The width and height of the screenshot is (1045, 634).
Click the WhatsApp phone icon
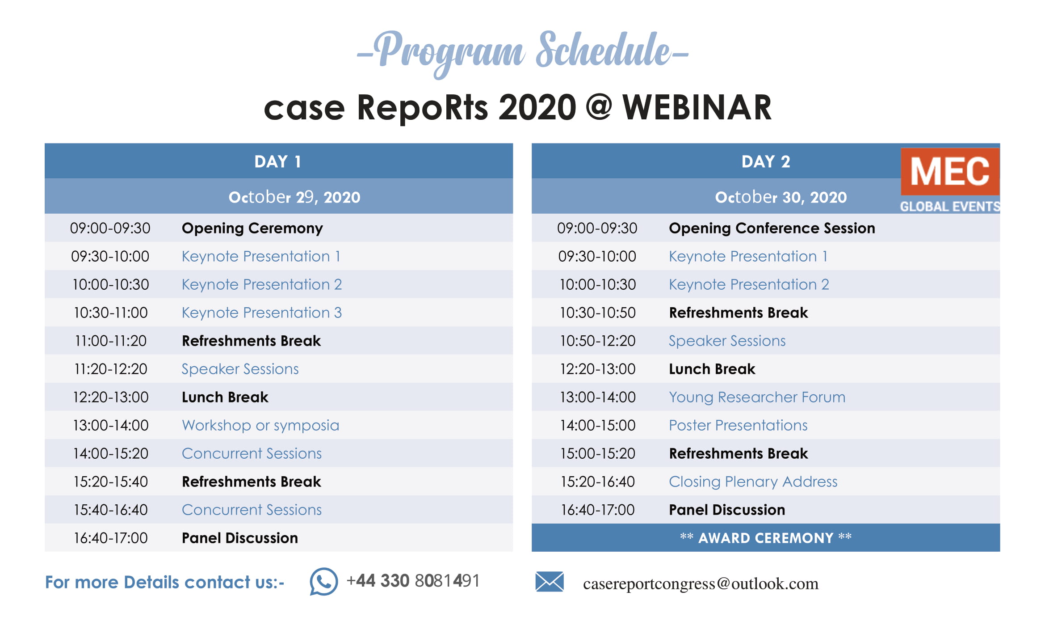(323, 581)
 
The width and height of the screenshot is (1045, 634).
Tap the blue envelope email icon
(549, 582)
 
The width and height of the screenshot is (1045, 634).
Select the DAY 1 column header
(278, 161)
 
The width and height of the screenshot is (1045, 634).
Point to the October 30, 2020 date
(781, 197)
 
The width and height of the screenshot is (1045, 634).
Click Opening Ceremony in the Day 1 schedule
(252, 228)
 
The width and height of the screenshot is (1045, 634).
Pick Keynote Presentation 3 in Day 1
(261, 313)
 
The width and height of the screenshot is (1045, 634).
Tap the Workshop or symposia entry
(260, 425)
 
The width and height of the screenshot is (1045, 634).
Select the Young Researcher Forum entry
(757, 397)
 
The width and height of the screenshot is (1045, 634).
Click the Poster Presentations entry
(738, 425)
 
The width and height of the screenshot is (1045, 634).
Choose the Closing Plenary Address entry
(753, 482)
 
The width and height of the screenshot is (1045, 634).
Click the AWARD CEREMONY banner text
(765, 537)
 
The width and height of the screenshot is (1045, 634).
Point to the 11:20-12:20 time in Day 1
(110, 369)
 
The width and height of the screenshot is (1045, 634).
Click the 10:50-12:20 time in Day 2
(597, 341)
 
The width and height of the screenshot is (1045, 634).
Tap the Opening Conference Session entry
(772, 228)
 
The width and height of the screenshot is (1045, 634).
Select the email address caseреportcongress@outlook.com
(701, 583)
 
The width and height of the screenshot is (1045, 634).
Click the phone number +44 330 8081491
(413, 581)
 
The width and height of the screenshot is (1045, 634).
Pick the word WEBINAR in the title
(697, 108)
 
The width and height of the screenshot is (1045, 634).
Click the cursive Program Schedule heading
(522, 53)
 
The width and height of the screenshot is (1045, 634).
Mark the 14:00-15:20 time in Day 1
(110, 453)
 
